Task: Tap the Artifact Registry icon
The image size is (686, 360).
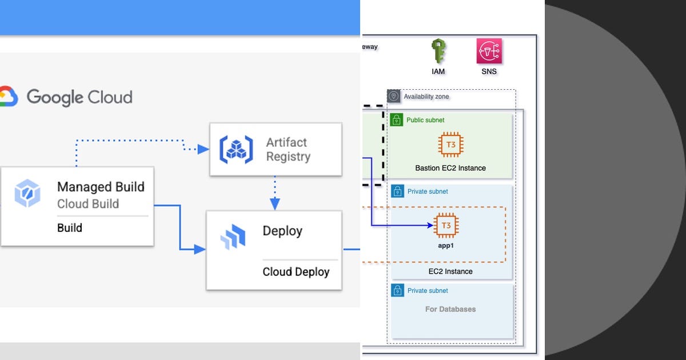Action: [236, 149]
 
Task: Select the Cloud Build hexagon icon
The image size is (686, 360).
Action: [28, 194]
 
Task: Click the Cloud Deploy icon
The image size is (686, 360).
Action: [233, 237]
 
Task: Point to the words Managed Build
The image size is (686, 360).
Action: [101, 187]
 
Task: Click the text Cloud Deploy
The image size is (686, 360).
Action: [296, 271]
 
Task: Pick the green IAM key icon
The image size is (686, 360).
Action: [438, 52]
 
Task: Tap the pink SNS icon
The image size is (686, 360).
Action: [489, 51]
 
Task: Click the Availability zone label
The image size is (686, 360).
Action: [426, 97]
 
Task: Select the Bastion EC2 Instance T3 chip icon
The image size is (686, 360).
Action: [450, 145]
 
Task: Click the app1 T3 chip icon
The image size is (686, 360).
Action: [446, 226]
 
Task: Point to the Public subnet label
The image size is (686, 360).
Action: [425, 120]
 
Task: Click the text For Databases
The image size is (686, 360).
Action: [450, 309]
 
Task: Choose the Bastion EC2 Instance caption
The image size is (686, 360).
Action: [450, 168]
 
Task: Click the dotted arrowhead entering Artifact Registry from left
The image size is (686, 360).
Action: [203, 149]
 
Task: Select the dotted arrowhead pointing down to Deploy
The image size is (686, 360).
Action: [275, 203]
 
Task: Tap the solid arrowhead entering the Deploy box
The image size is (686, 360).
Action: [200, 249]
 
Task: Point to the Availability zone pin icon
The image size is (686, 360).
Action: [394, 96]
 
